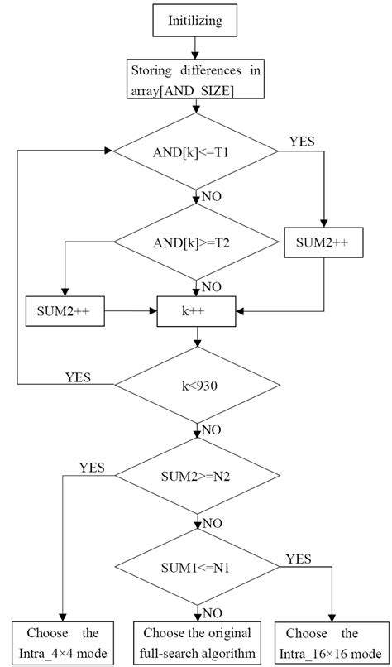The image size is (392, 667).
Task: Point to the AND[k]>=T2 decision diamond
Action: click(196, 242)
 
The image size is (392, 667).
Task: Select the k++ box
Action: click(196, 311)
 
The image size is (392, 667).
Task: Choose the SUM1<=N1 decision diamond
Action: click(196, 569)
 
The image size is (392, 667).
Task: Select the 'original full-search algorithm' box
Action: click(196, 642)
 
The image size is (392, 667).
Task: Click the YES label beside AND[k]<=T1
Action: click(303, 142)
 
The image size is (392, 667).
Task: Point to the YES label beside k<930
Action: click(79, 377)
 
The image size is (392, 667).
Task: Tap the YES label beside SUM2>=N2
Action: click(92, 468)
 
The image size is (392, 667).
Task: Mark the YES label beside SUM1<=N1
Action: click(299, 559)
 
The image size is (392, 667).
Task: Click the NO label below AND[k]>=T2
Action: click(212, 286)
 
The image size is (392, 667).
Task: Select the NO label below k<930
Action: click(212, 430)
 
